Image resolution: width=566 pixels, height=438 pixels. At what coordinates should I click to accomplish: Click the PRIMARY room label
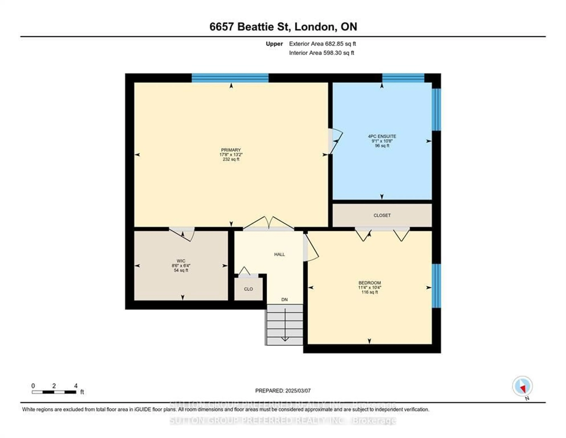[231, 150]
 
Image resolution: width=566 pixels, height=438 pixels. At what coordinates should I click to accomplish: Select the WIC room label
[181, 261]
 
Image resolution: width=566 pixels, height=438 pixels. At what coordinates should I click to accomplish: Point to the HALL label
[279, 254]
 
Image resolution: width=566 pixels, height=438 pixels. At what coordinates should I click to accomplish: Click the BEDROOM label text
[370, 283]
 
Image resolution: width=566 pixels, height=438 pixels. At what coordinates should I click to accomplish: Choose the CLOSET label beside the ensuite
[382, 215]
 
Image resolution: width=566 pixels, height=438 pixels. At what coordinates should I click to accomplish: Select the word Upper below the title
[274, 44]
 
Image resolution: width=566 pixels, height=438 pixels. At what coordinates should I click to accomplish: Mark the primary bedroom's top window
[230, 78]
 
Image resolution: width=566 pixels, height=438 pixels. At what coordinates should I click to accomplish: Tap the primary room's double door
[269, 224]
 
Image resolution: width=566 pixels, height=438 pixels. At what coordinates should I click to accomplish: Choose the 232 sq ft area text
[231, 159]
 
